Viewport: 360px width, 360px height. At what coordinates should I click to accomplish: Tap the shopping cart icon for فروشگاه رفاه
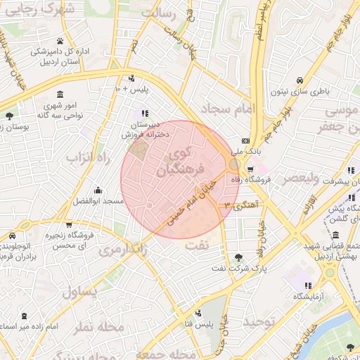pos(250,169)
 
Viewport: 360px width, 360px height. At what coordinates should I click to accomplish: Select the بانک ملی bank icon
pos(245,140)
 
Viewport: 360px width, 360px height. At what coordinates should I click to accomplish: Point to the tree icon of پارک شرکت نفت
pos(238,257)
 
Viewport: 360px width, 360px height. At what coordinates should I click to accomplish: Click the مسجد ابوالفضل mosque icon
pos(97,190)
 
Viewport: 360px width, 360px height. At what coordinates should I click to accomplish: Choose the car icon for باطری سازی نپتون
pos(300,79)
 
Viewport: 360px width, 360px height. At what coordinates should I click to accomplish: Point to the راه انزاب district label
pos(89,157)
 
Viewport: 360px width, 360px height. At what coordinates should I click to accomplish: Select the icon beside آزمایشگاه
pos(307,285)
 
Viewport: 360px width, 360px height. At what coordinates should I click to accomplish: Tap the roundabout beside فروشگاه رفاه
pos(234,164)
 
